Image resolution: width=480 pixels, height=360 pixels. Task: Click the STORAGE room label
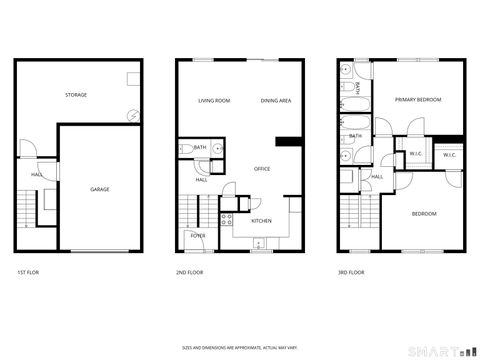click(76, 95)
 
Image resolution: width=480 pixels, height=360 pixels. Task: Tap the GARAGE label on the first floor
click(100, 189)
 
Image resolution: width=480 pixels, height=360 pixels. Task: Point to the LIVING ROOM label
click(214, 101)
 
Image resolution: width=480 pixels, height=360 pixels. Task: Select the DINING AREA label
click(276, 101)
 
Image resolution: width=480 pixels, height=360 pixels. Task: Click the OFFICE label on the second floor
click(262, 168)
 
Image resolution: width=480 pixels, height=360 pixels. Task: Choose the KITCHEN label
click(261, 220)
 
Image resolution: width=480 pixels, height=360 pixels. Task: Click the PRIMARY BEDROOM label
click(418, 100)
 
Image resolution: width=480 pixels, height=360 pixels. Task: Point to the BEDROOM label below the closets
click(424, 213)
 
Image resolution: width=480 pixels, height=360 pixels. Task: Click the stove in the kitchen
click(227, 220)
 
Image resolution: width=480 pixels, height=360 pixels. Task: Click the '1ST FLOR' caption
click(29, 272)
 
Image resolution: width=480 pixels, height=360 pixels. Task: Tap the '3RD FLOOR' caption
click(351, 272)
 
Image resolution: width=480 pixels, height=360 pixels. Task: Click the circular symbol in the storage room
click(133, 115)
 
